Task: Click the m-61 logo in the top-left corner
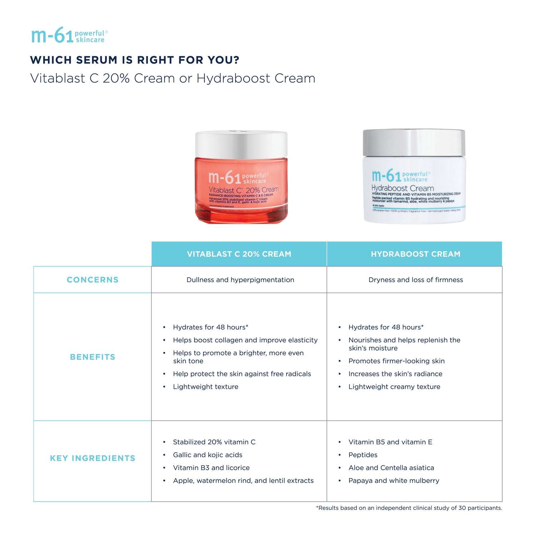(x=69, y=36)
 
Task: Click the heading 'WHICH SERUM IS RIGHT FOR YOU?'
(x=134, y=60)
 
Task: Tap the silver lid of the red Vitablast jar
(x=241, y=144)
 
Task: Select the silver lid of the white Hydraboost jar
(x=414, y=143)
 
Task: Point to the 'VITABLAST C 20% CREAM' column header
(x=239, y=254)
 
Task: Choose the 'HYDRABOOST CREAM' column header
(x=415, y=254)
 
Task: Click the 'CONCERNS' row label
(x=93, y=280)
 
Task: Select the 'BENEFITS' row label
(x=93, y=357)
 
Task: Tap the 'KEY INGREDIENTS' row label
(x=93, y=458)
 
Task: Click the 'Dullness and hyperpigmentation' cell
(x=240, y=280)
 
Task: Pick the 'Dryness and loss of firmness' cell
(x=416, y=280)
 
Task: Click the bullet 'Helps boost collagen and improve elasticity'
(x=245, y=340)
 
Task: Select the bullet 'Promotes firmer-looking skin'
(x=396, y=361)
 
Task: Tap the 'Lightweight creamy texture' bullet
(x=394, y=387)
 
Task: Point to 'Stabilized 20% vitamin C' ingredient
(x=214, y=442)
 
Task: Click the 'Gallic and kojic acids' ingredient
(x=208, y=455)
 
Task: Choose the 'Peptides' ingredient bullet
(x=363, y=455)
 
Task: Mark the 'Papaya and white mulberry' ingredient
(x=394, y=481)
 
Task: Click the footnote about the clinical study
(x=409, y=508)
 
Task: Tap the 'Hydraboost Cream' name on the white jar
(x=402, y=188)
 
